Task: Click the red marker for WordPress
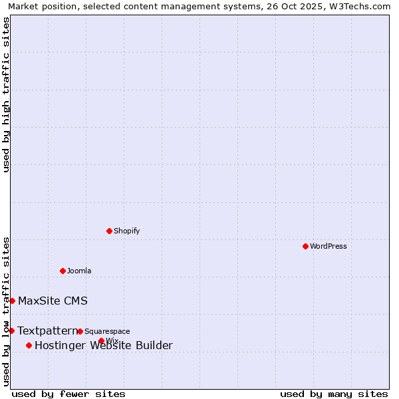tap(305, 246)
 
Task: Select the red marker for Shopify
tap(109, 231)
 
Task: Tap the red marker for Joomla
tap(63, 271)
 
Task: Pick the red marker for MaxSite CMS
tap(12, 301)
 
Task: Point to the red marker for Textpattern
tap(11, 331)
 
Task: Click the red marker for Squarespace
tap(80, 331)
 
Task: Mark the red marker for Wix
tap(101, 340)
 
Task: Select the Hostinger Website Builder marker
tap(29, 345)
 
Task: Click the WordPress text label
tap(329, 246)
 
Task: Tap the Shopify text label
tap(126, 231)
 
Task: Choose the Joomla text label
tap(79, 271)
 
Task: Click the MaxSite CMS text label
tap(53, 301)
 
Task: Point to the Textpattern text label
tap(47, 331)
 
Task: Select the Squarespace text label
tap(107, 331)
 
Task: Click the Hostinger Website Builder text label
tap(103, 345)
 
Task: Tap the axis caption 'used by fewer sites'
tap(68, 394)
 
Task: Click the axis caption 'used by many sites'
tap(334, 394)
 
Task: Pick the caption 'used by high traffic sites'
tap(6, 94)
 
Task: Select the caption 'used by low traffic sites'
tap(6, 311)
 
